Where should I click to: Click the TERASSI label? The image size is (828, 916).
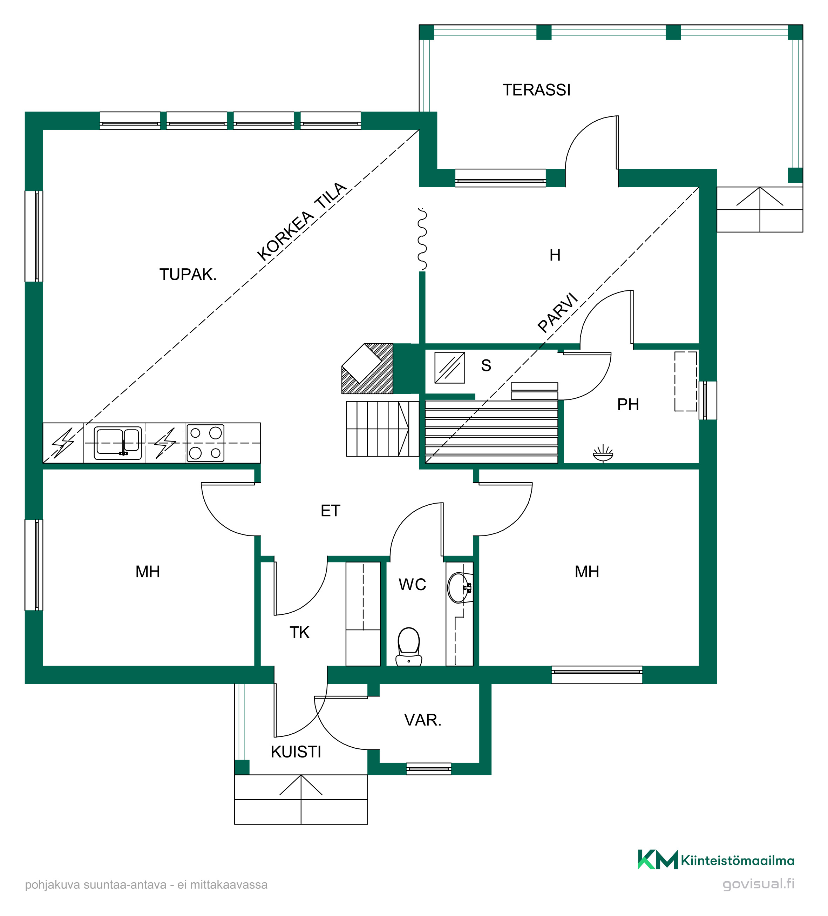(x=536, y=90)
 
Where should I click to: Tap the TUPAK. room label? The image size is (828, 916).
(x=188, y=275)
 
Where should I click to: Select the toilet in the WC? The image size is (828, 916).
(x=409, y=647)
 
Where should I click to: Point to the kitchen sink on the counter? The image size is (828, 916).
(x=118, y=443)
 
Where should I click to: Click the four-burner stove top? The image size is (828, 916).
(x=205, y=443)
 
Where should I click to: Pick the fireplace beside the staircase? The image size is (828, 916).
(x=367, y=369)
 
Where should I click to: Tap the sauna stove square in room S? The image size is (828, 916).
(x=450, y=368)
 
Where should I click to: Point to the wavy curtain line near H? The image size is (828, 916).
(x=422, y=240)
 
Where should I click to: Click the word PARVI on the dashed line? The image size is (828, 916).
(x=558, y=312)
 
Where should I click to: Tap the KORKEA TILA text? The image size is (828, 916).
(x=301, y=221)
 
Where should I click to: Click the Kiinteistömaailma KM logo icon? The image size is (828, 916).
(x=658, y=860)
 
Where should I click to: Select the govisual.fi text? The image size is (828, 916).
(x=759, y=884)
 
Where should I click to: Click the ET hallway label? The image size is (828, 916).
(x=330, y=511)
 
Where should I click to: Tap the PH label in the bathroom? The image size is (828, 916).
(x=628, y=404)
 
